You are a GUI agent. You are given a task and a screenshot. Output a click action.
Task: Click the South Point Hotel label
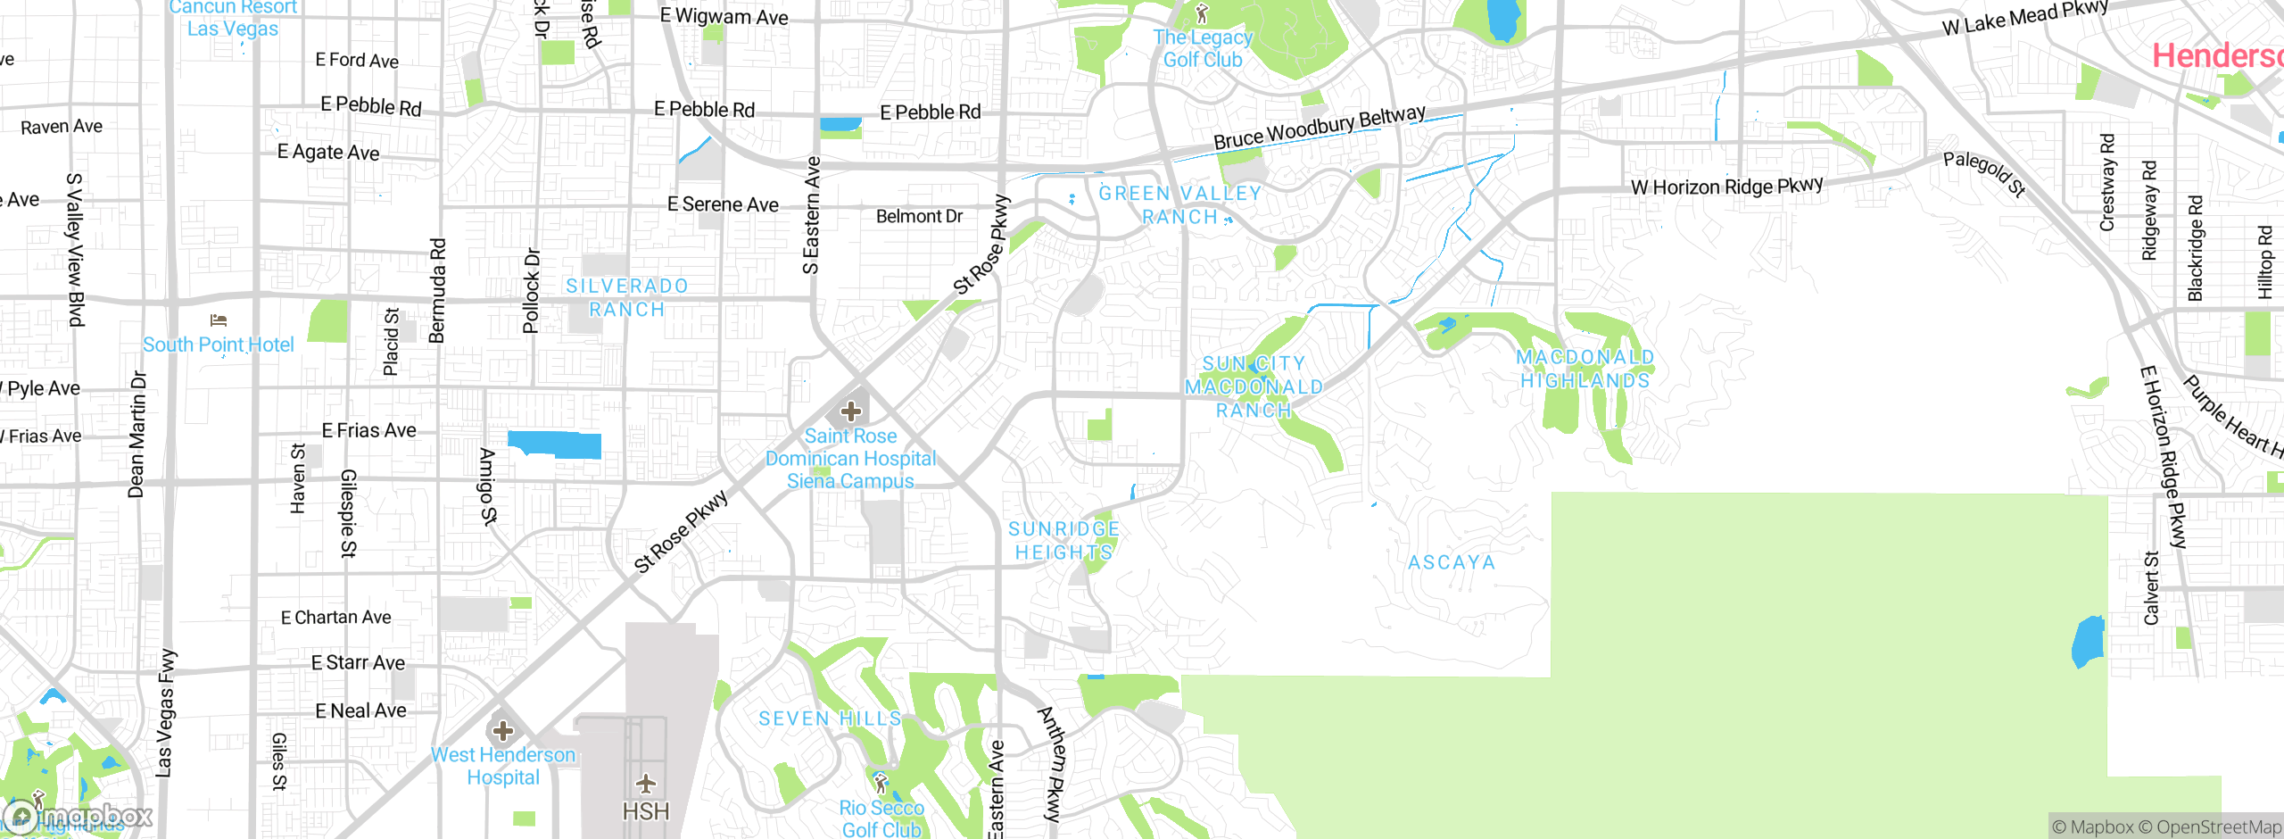tap(218, 345)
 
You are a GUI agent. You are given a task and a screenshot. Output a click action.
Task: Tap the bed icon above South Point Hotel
tap(219, 320)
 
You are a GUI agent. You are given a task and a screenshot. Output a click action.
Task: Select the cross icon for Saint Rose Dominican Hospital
tap(851, 411)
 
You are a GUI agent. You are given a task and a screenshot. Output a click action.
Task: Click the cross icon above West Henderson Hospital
tap(503, 731)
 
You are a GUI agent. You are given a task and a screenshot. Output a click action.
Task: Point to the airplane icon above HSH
tap(646, 784)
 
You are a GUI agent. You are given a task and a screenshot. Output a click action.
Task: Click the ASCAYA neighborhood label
tap(1452, 562)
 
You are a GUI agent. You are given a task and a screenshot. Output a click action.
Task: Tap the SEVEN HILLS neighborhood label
tap(830, 719)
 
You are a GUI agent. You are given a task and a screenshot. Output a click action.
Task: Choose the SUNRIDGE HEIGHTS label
tap(1063, 541)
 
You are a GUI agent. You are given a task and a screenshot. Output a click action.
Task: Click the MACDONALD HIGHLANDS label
tap(1585, 369)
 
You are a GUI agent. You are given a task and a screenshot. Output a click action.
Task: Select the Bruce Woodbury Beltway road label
tap(1320, 128)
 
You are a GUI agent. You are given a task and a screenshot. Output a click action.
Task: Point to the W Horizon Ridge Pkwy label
tap(1727, 187)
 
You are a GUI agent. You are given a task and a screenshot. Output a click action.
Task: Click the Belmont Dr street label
tap(919, 216)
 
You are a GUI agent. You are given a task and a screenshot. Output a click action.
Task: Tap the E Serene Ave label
tap(723, 204)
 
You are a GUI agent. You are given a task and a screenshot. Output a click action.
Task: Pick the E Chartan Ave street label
tap(335, 617)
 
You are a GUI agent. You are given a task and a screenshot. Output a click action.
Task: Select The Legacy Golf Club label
tap(1203, 48)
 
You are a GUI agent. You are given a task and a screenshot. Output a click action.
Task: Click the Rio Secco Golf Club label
tap(881, 818)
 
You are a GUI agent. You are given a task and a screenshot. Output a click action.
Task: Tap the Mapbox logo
tap(79, 816)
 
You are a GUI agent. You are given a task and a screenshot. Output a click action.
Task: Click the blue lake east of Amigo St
tap(554, 444)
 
